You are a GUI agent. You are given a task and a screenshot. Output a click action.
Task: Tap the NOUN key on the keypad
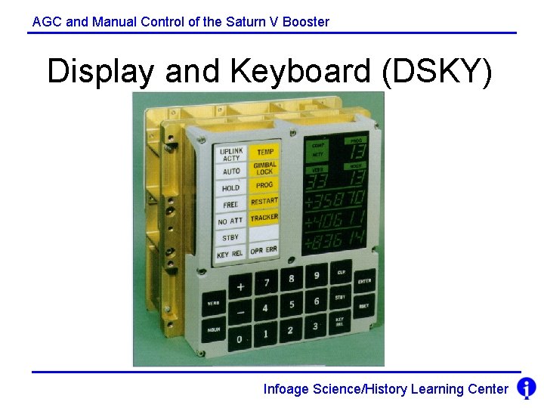pos(214,330)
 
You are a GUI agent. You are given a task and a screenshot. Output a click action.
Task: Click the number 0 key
pos(240,339)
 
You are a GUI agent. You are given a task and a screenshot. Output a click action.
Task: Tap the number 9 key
pos(317,275)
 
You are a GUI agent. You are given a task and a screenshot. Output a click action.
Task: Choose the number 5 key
pos(292,304)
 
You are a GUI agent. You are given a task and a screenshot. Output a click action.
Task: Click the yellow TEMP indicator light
pos(264,152)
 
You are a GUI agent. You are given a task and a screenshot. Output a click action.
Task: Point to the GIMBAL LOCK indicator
pos(264,168)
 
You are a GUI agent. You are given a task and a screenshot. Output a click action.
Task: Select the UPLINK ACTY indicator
pos(231,155)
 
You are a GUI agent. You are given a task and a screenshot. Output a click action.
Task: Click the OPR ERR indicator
pos(264,250)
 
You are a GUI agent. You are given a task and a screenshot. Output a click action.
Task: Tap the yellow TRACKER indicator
pos(264,218)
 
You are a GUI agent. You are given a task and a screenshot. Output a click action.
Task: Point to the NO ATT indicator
pos(230,221)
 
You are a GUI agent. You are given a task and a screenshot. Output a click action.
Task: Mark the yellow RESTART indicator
pos(264,201)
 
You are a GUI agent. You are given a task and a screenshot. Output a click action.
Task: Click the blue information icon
pos(527,388)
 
